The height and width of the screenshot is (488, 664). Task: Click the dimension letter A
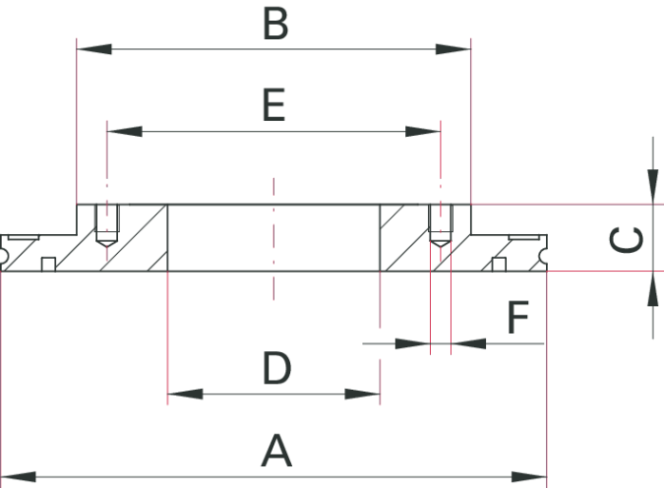point(276,451)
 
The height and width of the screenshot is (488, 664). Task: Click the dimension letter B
point(275,25)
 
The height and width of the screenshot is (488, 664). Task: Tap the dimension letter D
point(276,369)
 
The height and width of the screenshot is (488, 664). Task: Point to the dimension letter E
point(273,106)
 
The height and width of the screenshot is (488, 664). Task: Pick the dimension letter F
point(518,319)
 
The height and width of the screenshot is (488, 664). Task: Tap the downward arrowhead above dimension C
point(653,185)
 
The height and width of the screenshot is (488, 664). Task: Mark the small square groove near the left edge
point(48,264)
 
